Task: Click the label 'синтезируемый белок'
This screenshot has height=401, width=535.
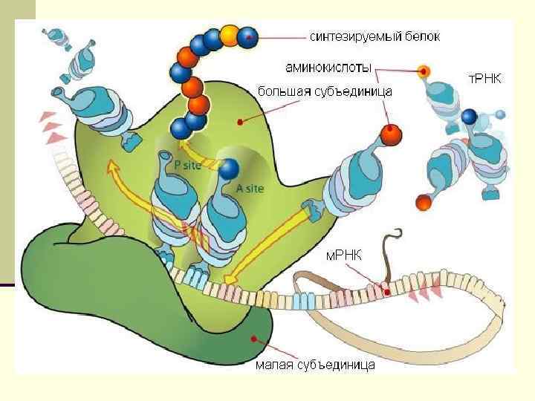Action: coord(363,35)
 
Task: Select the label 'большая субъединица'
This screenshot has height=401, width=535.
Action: coord(325,91)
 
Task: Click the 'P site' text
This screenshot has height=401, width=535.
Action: coord(186,166)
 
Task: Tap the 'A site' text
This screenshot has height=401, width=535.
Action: coord(250,189)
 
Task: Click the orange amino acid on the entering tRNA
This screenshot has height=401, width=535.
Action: coord(390,135)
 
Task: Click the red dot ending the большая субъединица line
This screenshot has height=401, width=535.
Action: coord(239,120)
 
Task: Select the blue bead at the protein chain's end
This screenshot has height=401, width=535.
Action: coord(249,34)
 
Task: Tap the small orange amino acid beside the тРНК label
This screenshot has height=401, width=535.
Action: coord(424,72)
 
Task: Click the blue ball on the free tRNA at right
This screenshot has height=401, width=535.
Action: coord(469,117)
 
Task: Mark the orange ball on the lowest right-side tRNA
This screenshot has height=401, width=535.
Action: coord(424,201)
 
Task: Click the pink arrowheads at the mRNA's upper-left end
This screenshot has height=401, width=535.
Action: coord(51,126)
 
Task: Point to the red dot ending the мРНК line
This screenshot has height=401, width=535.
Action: coord(384,285)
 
